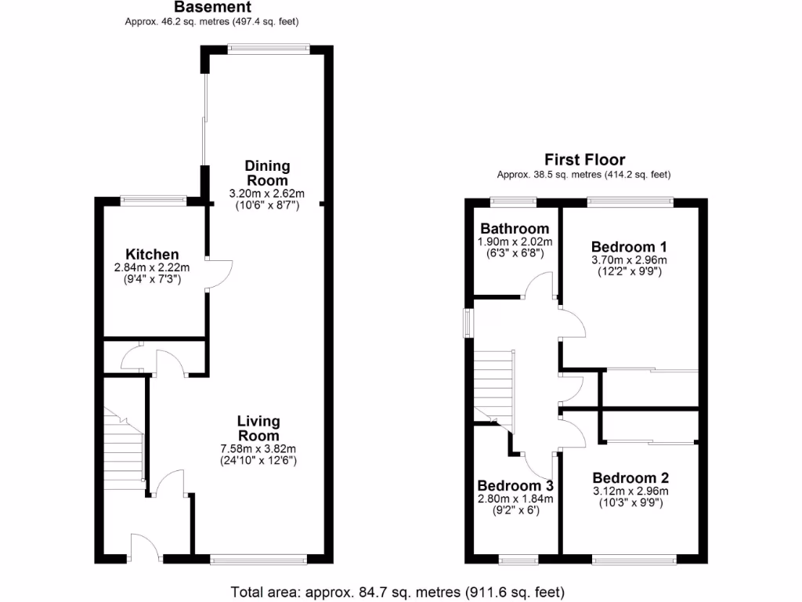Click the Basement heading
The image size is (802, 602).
point(211,7)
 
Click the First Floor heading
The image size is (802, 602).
point(584,161)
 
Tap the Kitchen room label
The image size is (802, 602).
point(153,255)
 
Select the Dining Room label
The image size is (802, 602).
point(267,173)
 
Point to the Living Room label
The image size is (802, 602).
point(258,429)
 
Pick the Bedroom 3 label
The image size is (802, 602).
point(515,484)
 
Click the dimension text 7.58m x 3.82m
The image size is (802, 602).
point(258,449)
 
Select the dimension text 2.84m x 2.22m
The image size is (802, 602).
point(153,267)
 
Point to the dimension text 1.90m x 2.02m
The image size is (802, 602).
point(515,241)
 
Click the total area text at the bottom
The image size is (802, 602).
point(397,591)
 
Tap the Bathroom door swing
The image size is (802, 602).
point(539,286)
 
